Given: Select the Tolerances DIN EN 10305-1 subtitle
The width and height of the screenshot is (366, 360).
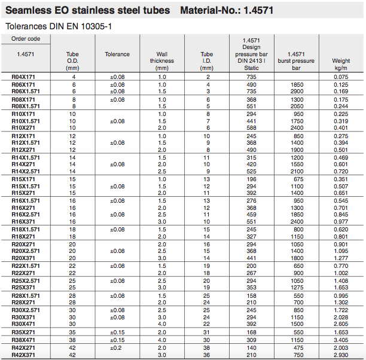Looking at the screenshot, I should click(x=58, y=26).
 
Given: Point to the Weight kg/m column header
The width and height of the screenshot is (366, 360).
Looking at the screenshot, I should click(x=341, y=60).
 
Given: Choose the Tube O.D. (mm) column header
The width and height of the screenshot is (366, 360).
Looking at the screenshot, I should click(x=72, y=60).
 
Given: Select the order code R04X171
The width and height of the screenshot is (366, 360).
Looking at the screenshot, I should click(x=23, y=77).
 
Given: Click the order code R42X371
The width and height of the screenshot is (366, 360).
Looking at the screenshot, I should click(x=23, y=355).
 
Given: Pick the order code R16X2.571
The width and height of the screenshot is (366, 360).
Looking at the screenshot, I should click(x=26, y=214).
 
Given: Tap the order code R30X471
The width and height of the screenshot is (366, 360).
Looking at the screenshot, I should click(x=23, y=324).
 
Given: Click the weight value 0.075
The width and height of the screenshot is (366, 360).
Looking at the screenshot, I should click(x=341, y=77).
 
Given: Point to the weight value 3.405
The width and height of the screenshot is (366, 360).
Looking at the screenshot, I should click(x=341, y=340).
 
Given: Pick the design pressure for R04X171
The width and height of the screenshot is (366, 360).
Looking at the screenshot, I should click(x=251, y=77).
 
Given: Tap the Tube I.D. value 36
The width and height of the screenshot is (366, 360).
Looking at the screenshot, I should click(x=206, y=355).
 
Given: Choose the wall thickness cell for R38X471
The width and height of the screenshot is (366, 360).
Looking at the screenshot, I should click(x=161, y=340).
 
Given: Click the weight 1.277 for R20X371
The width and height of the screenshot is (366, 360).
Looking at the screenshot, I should click(x=341, y=258).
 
